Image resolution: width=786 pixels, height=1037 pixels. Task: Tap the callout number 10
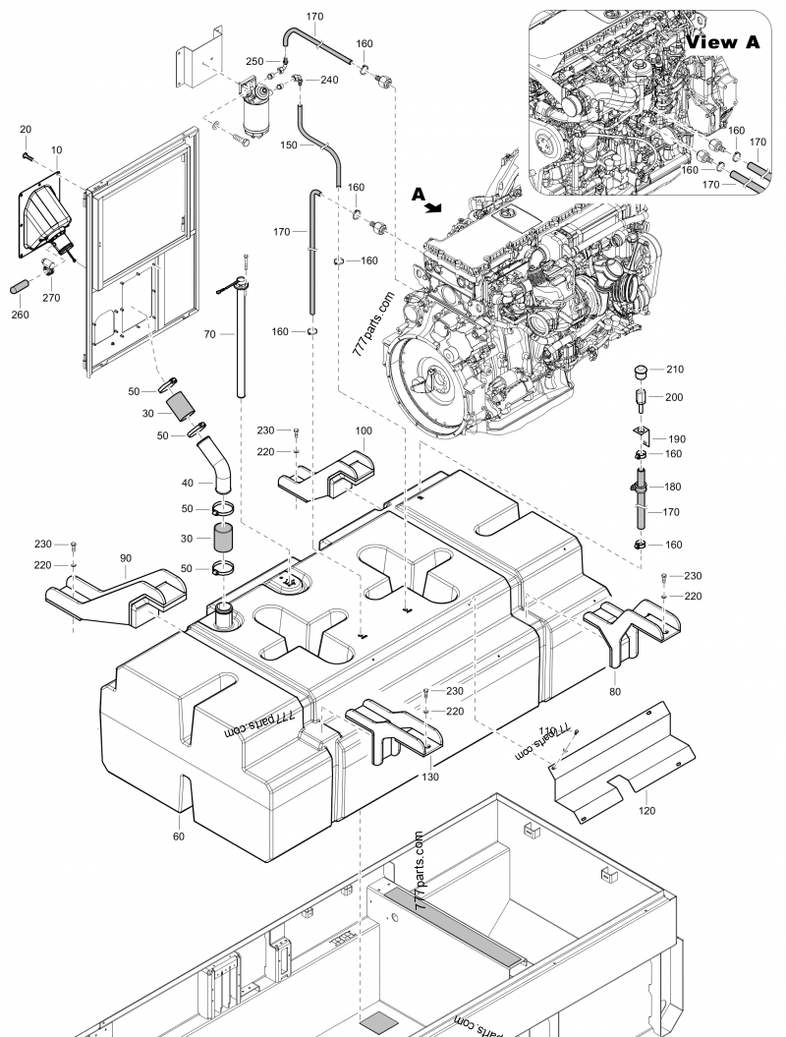tap(57, 149)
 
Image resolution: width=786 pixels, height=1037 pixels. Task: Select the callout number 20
tap(26, 130)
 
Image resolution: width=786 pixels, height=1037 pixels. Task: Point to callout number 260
tap(19, 315)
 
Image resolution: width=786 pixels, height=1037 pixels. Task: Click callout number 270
tap(51, 295)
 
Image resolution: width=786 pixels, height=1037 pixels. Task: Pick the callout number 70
tap(208, 335)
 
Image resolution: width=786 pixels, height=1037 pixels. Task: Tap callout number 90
tap(126, 558)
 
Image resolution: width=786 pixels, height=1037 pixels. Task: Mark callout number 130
tap(429, 777)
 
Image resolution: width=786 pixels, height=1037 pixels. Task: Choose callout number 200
tap(673, 397)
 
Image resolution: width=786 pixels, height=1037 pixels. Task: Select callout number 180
tap(673, 487)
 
